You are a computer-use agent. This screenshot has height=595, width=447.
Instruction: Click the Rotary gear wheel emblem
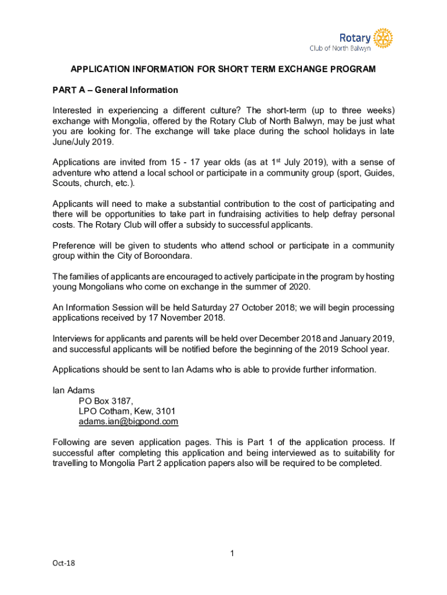[x=383, y=38]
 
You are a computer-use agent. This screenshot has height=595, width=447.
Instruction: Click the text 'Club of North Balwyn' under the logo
[x=340, y=48]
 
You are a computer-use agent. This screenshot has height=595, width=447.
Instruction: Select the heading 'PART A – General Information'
[x=115, y=90]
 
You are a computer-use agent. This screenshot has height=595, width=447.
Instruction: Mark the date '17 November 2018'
[x=190, y=318]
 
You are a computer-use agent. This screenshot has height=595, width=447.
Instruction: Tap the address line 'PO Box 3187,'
[x=106, y=400]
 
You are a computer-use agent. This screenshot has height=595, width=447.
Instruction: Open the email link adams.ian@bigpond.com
[x=128, y=421]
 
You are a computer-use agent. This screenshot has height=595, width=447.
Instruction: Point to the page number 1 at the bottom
[x=231, y=553]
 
